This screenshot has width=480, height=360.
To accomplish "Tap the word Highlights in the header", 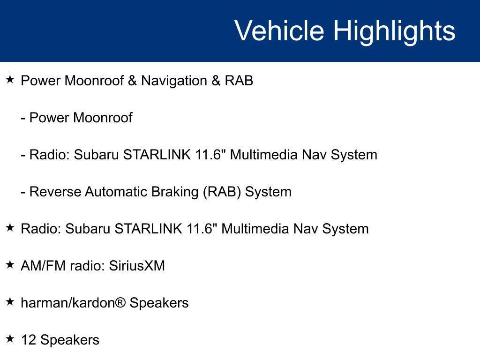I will pyautogui.click(x=394, y=31).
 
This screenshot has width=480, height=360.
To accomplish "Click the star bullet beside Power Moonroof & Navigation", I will pyautogui.click(x=10, y=80).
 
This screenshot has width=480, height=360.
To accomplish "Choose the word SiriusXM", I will pyautogui.click(x=137, y=266).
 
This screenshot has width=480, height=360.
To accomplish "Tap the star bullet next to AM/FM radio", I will pyautogui.click(x=10, y=265).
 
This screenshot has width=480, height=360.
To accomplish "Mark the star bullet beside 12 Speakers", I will pyautogui.click(x=10, y=339).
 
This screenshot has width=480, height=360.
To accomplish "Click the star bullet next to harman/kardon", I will pyautogui.click(x=10, y=302).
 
